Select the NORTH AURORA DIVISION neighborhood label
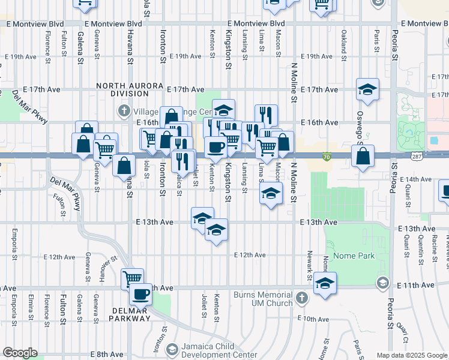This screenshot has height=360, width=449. click(130, 90)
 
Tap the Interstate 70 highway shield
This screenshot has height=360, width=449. click(326, 156)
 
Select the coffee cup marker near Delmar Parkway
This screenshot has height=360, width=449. click(142, 295)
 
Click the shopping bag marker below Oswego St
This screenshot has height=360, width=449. click(363, 157)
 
